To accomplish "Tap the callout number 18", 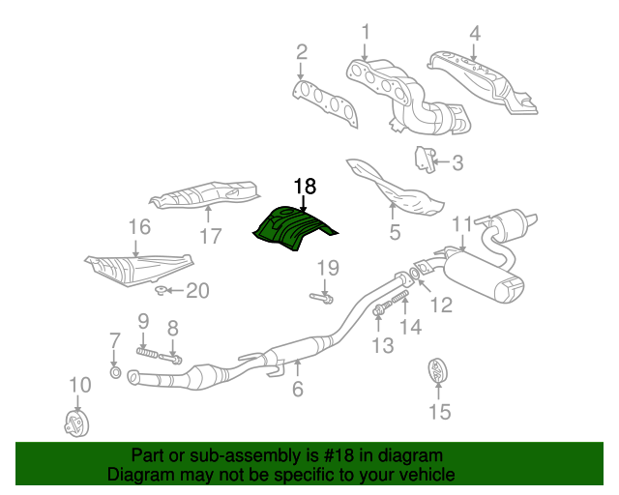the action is point(305,187).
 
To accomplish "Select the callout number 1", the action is point(366,33).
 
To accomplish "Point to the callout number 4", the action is point(474,35).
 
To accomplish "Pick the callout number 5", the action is point(394,232).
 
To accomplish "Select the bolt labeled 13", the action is point(378,311).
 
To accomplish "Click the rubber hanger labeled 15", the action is point(438,370).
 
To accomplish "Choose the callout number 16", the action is point(139,228).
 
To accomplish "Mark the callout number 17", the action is point(211,235).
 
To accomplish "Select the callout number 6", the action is point(298,390).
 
